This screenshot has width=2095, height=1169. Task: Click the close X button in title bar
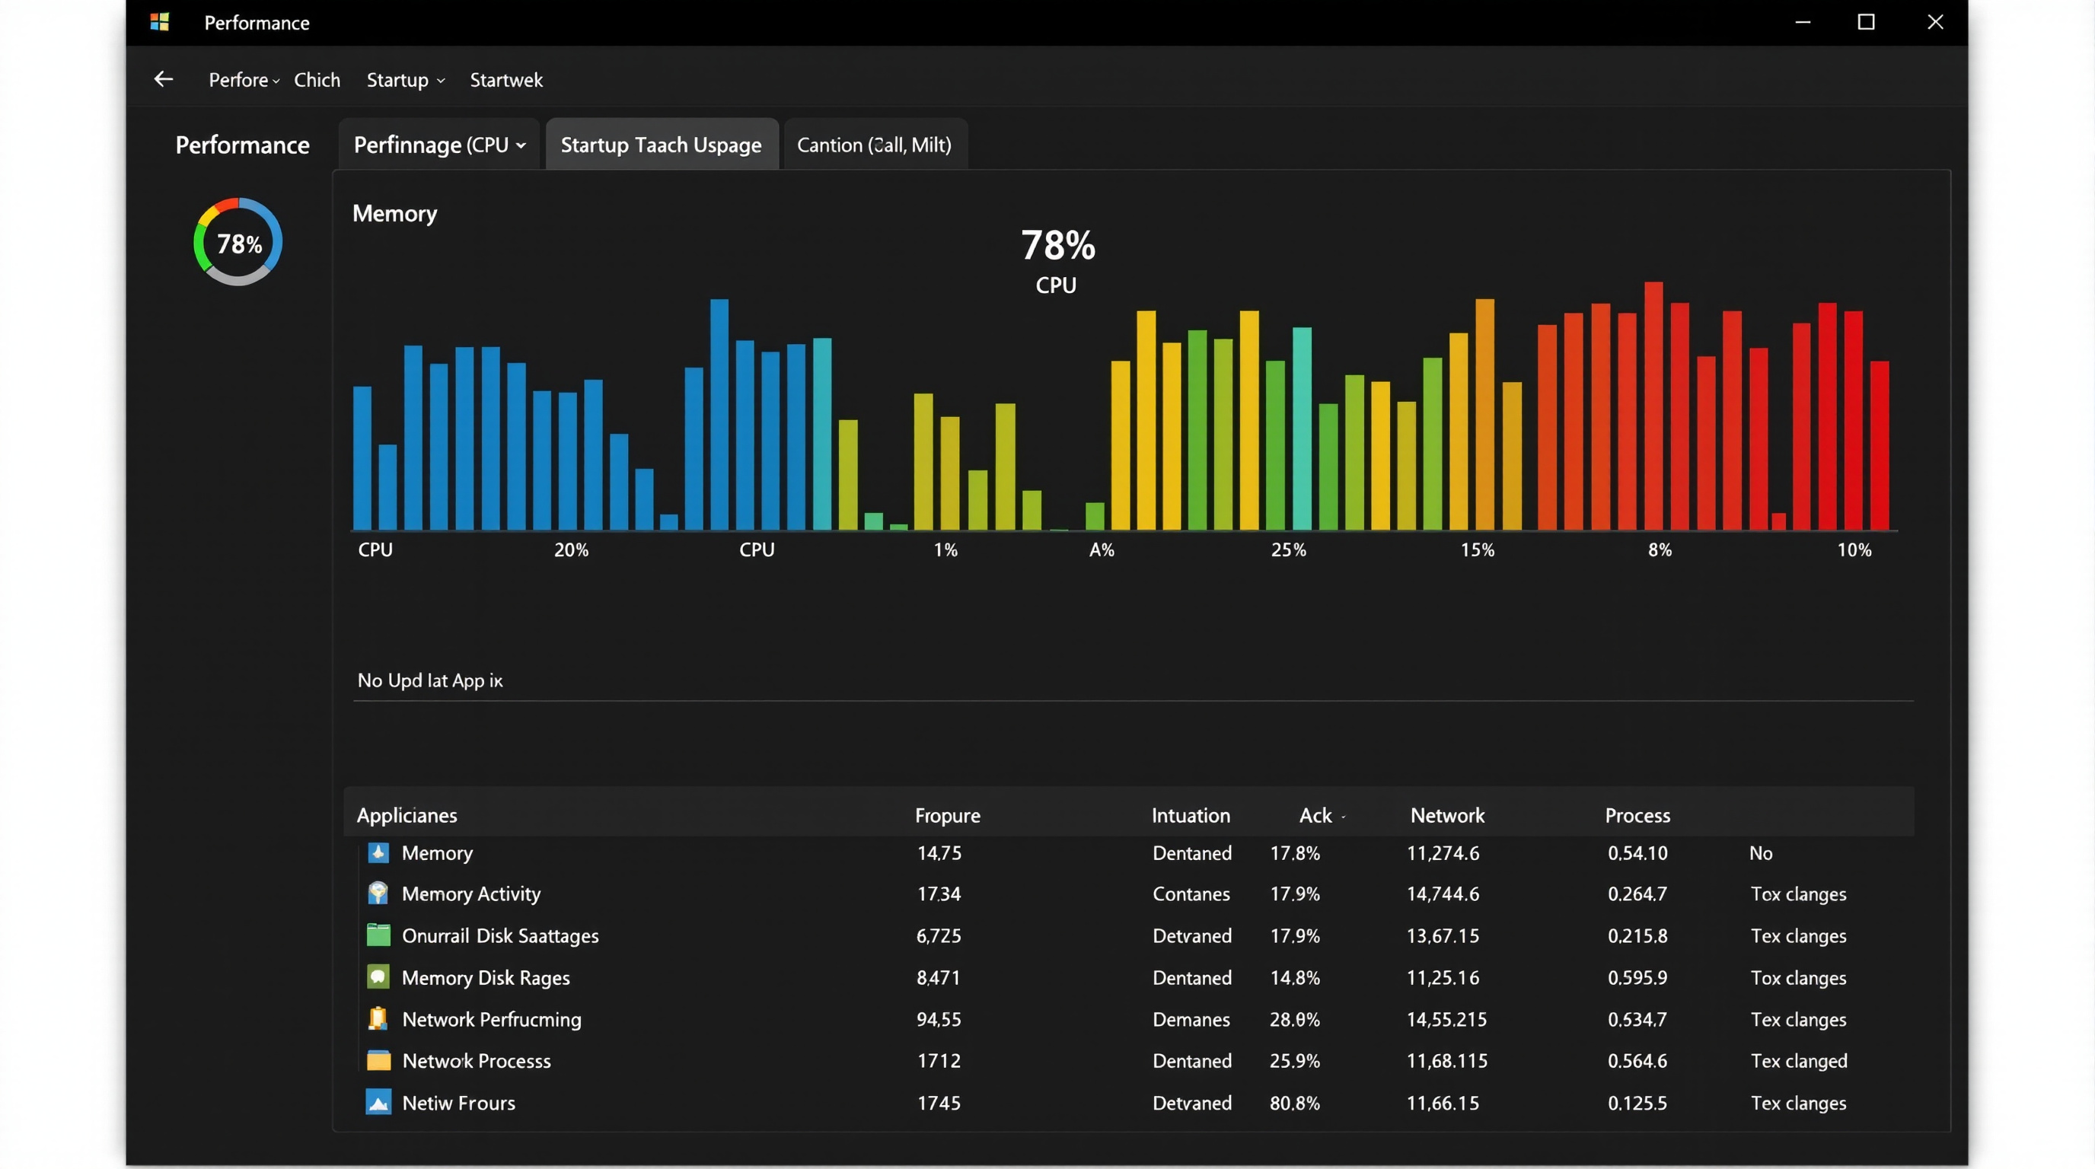tap(1935, 22)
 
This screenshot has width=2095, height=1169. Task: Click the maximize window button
tap(1866, 22)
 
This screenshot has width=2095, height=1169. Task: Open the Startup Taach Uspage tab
tap(662, 145)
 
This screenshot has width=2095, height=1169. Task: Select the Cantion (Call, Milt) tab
tap(874, 145)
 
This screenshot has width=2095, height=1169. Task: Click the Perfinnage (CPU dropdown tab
tap(439, 145)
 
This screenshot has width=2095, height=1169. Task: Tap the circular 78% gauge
tap(238, 242)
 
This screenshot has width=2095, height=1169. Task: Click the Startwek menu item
tap(505, 80)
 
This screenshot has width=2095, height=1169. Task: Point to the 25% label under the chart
tap(1288, 550)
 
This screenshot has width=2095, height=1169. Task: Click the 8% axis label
tap(1659, 550)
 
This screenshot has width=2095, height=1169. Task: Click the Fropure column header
tap(947, 815)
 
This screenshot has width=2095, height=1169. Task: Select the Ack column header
tap(1315, 815)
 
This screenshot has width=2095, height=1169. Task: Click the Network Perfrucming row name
tap(491, 1019)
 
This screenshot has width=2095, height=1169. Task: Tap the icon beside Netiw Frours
tap(378, 1102)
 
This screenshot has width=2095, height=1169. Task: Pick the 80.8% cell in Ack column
tap(1295, 1103)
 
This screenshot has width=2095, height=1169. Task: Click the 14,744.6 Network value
tap(1443, 894)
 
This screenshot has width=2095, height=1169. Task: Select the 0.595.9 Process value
tap(1637, 978)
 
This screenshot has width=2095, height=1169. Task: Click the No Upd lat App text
tap(429, 680)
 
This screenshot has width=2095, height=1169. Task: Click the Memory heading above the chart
tap(394, 214)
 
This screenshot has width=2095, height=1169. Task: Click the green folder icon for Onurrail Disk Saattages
tap(378, 935)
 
